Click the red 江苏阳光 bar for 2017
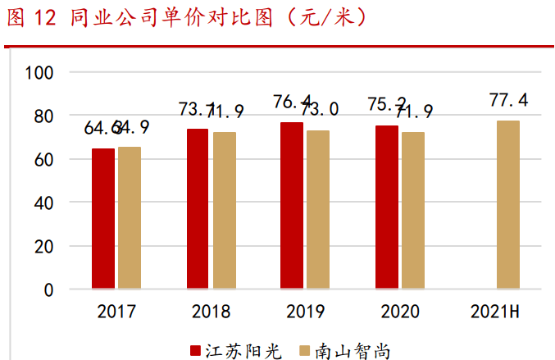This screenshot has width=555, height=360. point(103,219)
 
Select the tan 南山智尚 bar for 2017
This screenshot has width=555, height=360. point(130,218)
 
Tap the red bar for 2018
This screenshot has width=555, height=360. point(198,209)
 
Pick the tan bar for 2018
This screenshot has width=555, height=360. point(224,211)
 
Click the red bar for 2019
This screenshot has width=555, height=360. point(292,206)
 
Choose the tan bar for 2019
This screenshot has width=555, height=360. point(318,210)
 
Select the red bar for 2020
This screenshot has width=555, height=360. point(387,207)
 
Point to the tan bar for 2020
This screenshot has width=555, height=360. point(413,211)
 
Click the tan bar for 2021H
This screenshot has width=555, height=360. point(507,205)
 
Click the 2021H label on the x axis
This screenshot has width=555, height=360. point(496,312)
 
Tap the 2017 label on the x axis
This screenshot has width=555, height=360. point(116,312)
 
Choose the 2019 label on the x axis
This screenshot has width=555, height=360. point(305,312)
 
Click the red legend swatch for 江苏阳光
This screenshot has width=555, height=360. point(197,350)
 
